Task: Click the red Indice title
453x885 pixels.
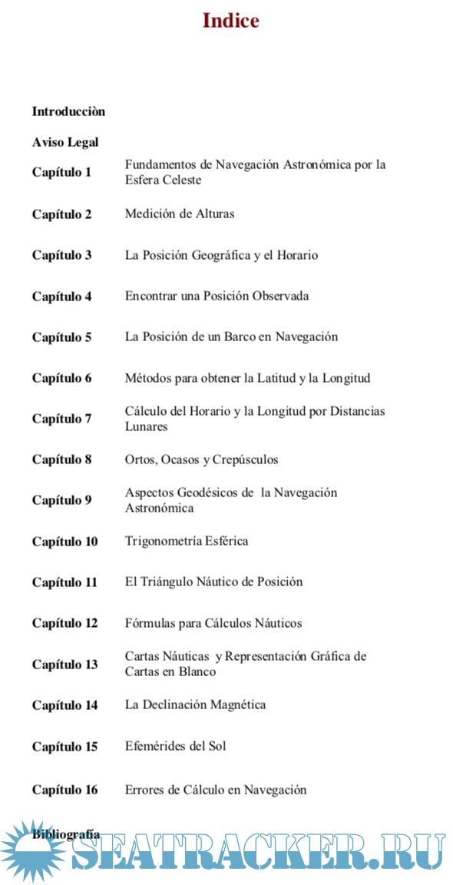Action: (x=230, y=21)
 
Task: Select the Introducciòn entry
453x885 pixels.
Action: (x=68, y=111)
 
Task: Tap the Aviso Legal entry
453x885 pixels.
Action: (x=65, y=142)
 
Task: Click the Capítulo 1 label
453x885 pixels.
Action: (x=61, y=172)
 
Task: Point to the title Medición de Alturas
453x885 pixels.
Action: (x=180, y=214)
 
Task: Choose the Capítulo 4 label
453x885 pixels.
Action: (x=61, y=297)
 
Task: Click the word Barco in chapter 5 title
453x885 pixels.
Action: (x=239, y=336)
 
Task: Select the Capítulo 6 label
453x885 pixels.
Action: (x=61, y=378)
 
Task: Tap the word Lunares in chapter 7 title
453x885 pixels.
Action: (x=146, y=426)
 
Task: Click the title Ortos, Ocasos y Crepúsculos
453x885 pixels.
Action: (x=201, y=459)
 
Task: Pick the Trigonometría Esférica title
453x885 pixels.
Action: (x=187, y=541)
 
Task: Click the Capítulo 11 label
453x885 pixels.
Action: (x=64, y=582)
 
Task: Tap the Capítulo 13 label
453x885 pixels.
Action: (x=64, y=665)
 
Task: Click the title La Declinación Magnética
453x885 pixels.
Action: (x=195, y=704)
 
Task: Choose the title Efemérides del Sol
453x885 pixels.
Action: (x=175, y=746)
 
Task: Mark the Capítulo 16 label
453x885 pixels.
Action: (x=64, y=790)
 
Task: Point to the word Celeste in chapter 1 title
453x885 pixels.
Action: (x=182, y=180)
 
